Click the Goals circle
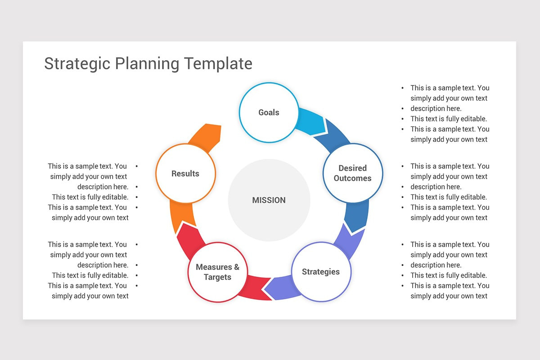coord(269,112)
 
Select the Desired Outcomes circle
coord(353,173)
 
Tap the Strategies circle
coord(321,272)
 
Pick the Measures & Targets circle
coord(217,272)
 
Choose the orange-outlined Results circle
coord(185,174)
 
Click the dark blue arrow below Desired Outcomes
coord(356,216)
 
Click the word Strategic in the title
coord(77,63)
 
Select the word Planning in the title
coord(147,63)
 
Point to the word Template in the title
coord(218,63)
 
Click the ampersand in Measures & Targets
coord(236,267)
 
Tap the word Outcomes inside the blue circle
coord(353,178)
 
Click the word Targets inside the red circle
coord(217,277)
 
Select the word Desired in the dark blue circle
coord(353,168)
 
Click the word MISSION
coord(269,200)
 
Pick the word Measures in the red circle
coord(213,267)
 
